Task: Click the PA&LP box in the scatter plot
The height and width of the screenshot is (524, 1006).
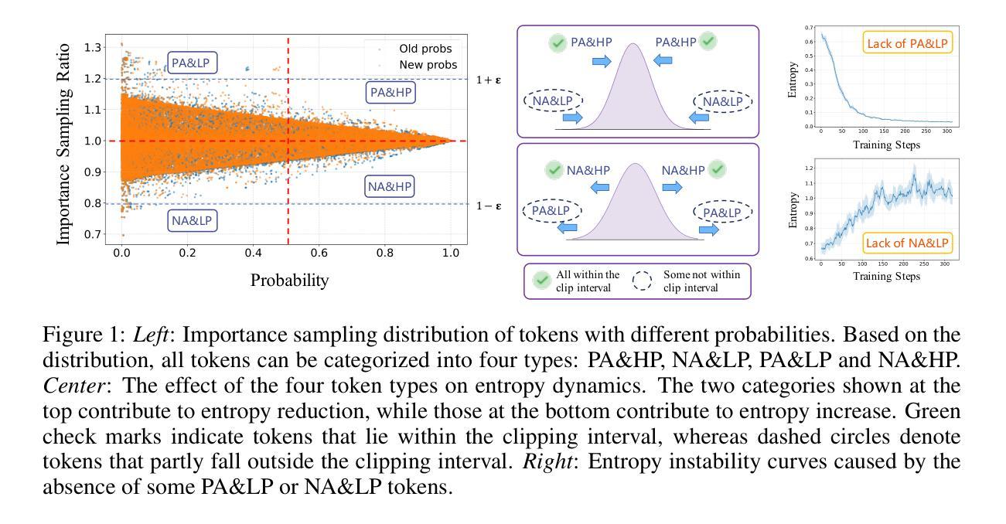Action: pyautogui.click(x=193, y=63)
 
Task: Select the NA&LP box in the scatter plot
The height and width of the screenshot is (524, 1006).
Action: pyautogui.click(x=193, y=221)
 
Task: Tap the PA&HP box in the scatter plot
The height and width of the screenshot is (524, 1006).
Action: pyautogui.click(x=391, y=93)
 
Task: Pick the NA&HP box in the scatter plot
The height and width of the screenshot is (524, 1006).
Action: pyautogui.click(x=390, y=186)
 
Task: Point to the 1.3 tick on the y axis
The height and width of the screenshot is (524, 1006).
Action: pyautogui.click(x=93, y=48)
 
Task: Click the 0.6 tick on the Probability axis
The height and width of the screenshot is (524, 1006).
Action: pyautogui.click(x=319, y=252)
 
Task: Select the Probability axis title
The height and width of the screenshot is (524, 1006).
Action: pyautogui.click(x=289, y=280)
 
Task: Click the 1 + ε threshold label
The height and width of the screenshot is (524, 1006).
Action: pyautogui.click(x=489, y=80)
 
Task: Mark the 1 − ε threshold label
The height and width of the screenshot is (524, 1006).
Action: pyautogui.click(x=489, y=206)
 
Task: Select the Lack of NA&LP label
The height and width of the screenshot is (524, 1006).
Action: pyautogui.click(x=908, y=243)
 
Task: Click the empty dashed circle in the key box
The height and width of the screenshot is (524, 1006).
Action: pyautogui.click(x=643, y=281)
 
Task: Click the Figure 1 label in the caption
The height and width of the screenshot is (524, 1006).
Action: pyautogui.click(x=84, y=336)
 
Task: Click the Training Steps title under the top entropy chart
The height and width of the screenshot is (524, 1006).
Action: pyautogui.click(x=886, y=145)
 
